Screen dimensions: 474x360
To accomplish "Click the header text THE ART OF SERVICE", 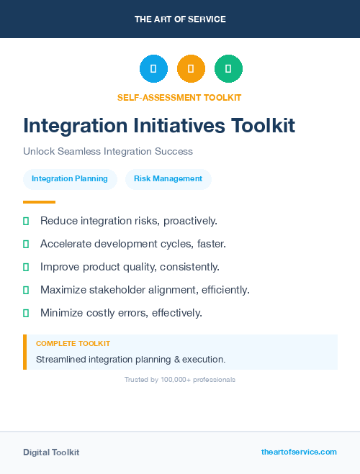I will tap(180, 19).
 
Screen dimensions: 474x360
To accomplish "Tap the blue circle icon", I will tap(153, 69).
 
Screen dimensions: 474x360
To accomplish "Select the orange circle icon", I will tap(191, 69).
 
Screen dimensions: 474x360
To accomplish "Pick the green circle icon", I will tap(228, 69).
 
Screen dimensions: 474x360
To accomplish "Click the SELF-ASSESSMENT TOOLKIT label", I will tap(180, 97).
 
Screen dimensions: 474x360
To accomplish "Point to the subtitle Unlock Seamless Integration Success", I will tap(108, 152).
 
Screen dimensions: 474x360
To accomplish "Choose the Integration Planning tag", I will tap(70, 179).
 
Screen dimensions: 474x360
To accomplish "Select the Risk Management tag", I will tap(168, 179).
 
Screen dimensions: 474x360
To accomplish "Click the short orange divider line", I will tap(39, 202).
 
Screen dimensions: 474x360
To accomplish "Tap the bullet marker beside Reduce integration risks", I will tap(26, 221).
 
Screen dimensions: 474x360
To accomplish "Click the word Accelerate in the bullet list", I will tap(66, 244).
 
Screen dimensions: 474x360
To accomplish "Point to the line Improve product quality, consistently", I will tap(130, 267).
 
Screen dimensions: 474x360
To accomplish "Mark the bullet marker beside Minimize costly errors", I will tap(26, 313).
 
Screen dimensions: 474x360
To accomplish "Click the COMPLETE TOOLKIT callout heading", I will tap(73, 344).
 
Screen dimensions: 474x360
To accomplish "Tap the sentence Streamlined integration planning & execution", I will tap(130, 359).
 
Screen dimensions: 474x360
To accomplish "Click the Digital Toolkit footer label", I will tap(51, 452).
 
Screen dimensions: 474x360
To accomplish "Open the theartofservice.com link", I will tap(299, 452).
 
